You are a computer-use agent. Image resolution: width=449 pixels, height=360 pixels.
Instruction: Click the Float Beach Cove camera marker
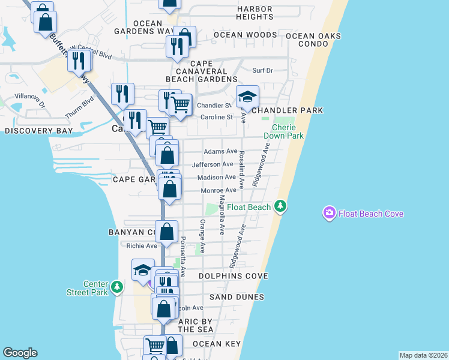click(329, 213)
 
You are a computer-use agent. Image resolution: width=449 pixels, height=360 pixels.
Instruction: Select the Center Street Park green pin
click(118, 288)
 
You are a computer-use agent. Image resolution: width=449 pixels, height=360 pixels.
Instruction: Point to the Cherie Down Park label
click(288, 131)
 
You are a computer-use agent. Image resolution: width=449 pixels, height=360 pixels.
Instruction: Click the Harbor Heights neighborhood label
click(255, 13)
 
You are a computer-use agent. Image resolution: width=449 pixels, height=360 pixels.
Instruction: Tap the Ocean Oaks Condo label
click(313, 40)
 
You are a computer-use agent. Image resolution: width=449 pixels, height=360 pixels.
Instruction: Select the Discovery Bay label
click(38, 130)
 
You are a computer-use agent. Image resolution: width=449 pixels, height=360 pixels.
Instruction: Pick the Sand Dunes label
click(237, 297)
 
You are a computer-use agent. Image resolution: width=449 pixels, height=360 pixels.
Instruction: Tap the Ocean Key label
click(217, 344)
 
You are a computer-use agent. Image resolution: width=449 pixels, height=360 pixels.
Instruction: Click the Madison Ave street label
click(217, 177)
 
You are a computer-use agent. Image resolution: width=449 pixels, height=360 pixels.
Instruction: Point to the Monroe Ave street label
click(218, 190)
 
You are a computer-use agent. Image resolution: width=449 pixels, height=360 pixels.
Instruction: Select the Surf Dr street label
click(262, 70)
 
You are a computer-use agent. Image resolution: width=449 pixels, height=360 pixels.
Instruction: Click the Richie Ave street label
click(142, 245)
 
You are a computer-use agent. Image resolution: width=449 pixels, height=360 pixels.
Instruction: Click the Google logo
click(20, 353)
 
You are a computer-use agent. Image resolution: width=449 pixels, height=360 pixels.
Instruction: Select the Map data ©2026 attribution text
click(423, 355)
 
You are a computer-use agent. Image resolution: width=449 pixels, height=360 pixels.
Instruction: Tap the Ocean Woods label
click(245, 35)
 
